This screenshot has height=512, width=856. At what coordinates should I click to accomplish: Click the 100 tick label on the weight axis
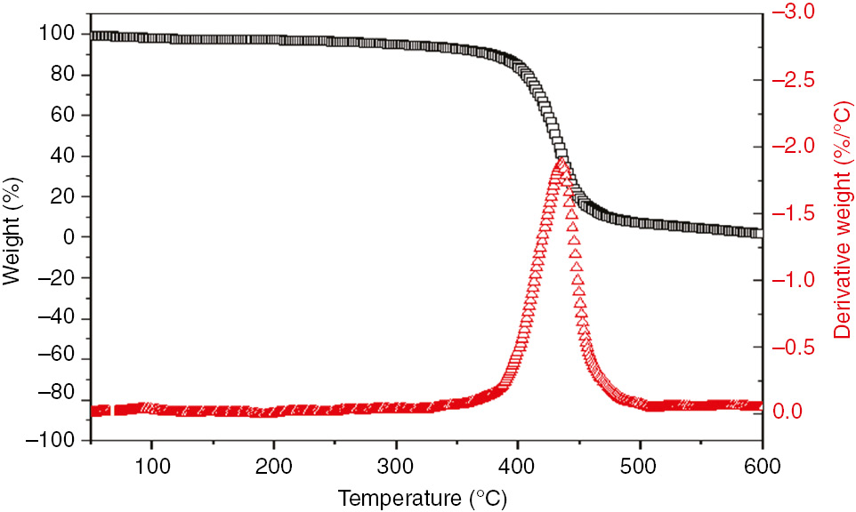click(x=61, y=34)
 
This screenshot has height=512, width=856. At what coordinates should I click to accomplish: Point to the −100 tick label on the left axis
click(x=52, y=440)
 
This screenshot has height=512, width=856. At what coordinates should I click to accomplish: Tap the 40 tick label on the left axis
click(x=65, y=156)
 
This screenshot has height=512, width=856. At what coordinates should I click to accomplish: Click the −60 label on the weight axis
click(x=56, y=359)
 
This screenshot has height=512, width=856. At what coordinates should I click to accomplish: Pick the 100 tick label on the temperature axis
click(x=151, y=465)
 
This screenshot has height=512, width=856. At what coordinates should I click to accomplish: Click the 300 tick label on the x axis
click(x=395, y=465)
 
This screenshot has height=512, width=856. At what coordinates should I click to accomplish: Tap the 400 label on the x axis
click(x=517, y=465)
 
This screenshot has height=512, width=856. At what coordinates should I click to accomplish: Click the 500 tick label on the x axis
click(x=639, y=465)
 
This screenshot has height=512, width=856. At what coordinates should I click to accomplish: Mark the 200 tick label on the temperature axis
click(x=273, y=465)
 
